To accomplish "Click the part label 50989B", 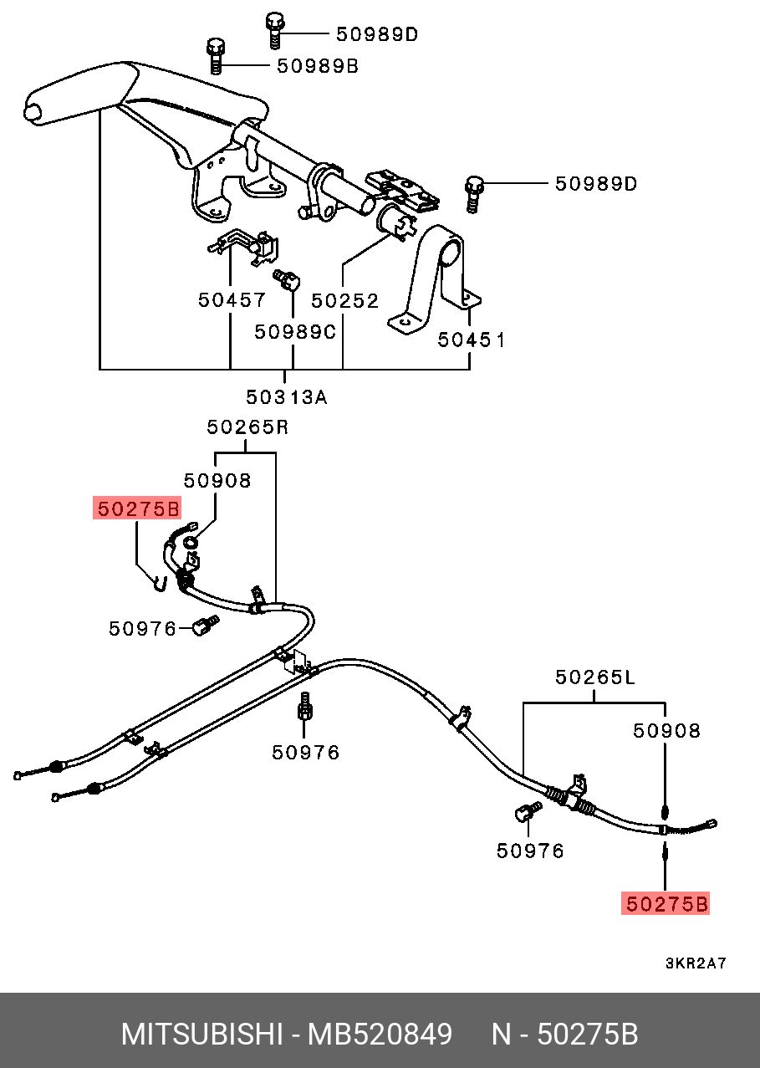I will pos(317,66).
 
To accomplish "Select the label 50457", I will pos(232,299).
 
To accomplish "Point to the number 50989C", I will pos(295,332).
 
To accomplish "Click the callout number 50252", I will pos(344,299).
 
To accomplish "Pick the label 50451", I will pos(472,340).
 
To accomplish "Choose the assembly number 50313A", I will pos(287,397).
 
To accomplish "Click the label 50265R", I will pos(247,427).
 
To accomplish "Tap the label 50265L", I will pos(594,677).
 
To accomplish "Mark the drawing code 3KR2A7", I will pos(696,963).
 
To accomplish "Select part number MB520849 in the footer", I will pos(380,1035).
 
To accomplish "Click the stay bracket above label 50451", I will pos(436,276).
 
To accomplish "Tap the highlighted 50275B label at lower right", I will pos(666,903).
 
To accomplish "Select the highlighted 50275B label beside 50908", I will pos(137,508).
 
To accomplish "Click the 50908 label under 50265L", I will pos(666,730).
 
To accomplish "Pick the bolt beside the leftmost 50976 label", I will pos(203,626).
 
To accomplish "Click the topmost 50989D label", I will pos(376,34).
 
